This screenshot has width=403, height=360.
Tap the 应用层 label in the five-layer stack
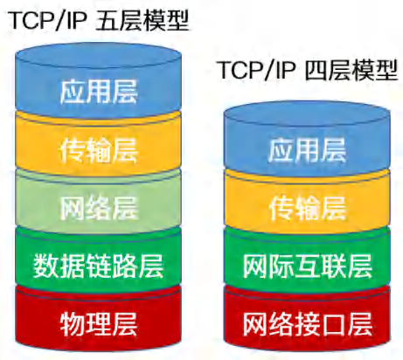[99, 92]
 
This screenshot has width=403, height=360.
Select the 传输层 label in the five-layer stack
[99, 150]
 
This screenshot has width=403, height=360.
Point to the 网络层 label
[99, 209]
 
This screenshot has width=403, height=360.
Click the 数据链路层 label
[98, 267]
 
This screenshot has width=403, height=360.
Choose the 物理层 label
[99, 324]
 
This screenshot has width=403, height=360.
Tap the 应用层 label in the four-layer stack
[307, 150]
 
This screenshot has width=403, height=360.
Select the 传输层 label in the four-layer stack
[307, 208]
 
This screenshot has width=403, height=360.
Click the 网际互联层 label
[308, 267]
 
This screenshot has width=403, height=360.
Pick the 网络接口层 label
[308, 324]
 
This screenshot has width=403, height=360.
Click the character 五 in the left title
[107, 21]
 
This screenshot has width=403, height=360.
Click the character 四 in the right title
[316, 70]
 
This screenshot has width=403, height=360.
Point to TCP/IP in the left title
[48, 20]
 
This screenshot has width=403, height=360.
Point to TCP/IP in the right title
[258, 70]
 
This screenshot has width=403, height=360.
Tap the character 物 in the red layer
[73, 324]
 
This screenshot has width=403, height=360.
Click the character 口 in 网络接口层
[334, 324]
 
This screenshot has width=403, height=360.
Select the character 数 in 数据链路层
[45, 267]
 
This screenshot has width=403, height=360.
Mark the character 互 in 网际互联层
[308, 267]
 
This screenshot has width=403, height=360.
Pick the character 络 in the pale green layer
[99, 209]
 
